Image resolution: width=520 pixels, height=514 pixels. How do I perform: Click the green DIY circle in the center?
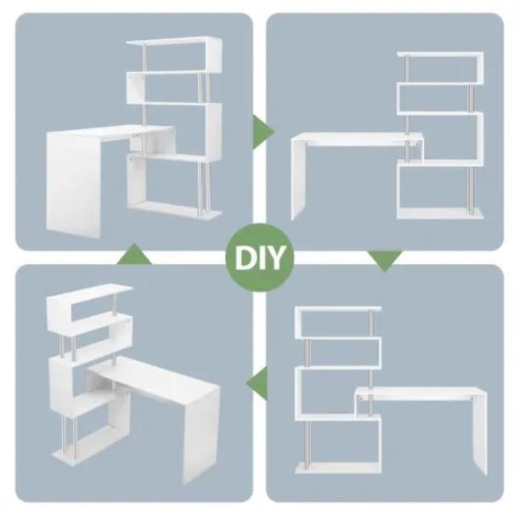coord(260,258)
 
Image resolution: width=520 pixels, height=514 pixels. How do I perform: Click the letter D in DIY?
coord(245,258)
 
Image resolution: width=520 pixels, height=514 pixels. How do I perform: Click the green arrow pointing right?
coord(263,132)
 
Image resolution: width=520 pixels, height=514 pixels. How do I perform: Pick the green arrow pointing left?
coord(257,383)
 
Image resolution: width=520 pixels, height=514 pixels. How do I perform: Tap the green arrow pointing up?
coord(134,254)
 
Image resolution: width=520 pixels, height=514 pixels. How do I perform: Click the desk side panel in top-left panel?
coord(73,184)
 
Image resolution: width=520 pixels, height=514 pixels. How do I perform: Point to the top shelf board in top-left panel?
coord(173,41)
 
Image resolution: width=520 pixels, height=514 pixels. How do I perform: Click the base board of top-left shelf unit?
coord(175,210)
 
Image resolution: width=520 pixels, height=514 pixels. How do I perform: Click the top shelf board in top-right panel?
coord(440,54)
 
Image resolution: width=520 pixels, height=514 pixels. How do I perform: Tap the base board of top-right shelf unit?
coord(440,213)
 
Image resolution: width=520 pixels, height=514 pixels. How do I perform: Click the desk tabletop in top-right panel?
coord(357,136)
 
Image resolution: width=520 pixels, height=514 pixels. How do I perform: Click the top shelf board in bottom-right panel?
coord(338,309)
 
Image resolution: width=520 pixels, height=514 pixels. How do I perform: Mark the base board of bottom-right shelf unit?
coord(338,468)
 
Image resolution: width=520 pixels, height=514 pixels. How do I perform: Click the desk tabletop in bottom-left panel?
coord(154,379)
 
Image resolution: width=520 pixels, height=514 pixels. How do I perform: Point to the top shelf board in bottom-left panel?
coord(89,291)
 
